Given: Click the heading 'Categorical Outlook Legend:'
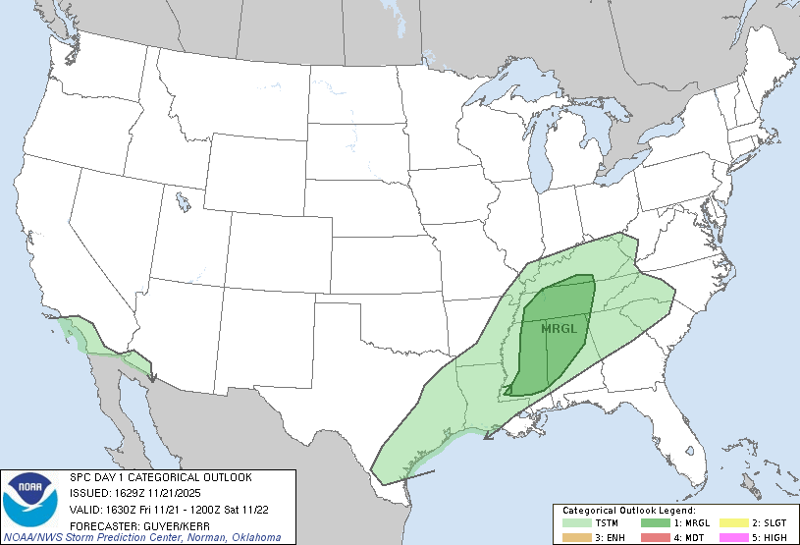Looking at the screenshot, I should coord(629,512).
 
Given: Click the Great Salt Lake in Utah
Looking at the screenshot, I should coord(184,202).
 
